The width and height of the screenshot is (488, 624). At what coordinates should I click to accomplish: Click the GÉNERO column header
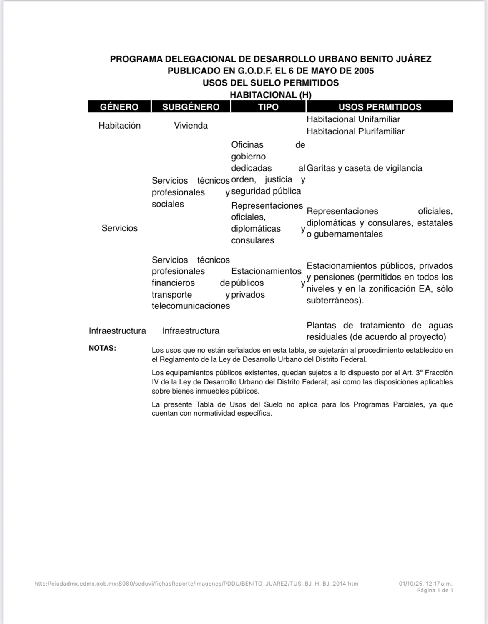pos(119,107)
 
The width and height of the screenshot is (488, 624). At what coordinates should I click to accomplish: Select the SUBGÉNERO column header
pos(191,107)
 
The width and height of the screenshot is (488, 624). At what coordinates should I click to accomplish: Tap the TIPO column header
pos(268,107)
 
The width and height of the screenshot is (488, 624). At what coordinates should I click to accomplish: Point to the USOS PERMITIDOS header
pos(380,107)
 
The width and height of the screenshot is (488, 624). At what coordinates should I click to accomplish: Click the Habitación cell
pos(119,126)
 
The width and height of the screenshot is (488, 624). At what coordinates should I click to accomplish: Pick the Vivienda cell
pos(191,126)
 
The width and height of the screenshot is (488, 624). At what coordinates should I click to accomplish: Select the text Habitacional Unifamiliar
pos(353,119)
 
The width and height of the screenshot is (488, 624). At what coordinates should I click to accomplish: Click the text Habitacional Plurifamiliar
pos(355,131)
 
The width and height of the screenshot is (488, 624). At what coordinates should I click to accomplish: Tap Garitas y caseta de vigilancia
pos(364,168)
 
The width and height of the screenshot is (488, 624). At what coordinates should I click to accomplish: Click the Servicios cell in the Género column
pos(119,228)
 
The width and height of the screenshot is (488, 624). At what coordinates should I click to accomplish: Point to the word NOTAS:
pos(102,348)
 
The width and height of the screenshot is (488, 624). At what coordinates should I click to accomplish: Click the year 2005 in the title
pos(364,71)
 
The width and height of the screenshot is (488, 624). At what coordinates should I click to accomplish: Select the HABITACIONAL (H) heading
pos(270,95)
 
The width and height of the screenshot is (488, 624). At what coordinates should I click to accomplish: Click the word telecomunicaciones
pos(191,306)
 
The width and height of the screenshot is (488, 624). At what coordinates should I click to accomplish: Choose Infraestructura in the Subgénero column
pos(191,331)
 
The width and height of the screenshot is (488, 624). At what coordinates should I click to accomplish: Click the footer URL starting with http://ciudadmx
pos(196,584)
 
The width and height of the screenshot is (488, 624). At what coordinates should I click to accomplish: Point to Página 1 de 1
pos(435,590)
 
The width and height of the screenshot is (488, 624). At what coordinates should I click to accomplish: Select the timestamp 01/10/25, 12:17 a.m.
pos(425,584)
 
